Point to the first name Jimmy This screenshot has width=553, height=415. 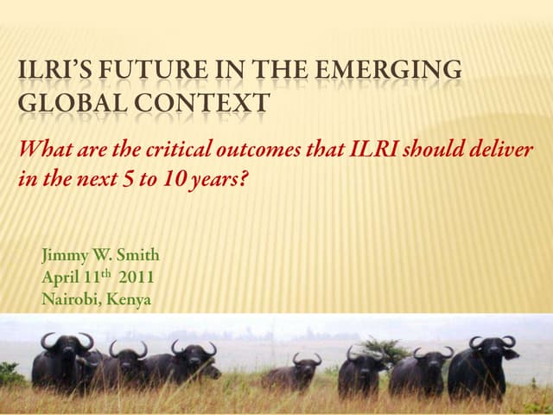tap(64, 255)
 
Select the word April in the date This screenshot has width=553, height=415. tap(60, 278)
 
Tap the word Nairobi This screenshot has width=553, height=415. tap(70, 300)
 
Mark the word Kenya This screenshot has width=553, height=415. tap(130, 300)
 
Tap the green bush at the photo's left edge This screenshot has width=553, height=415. tap(10, 373)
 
